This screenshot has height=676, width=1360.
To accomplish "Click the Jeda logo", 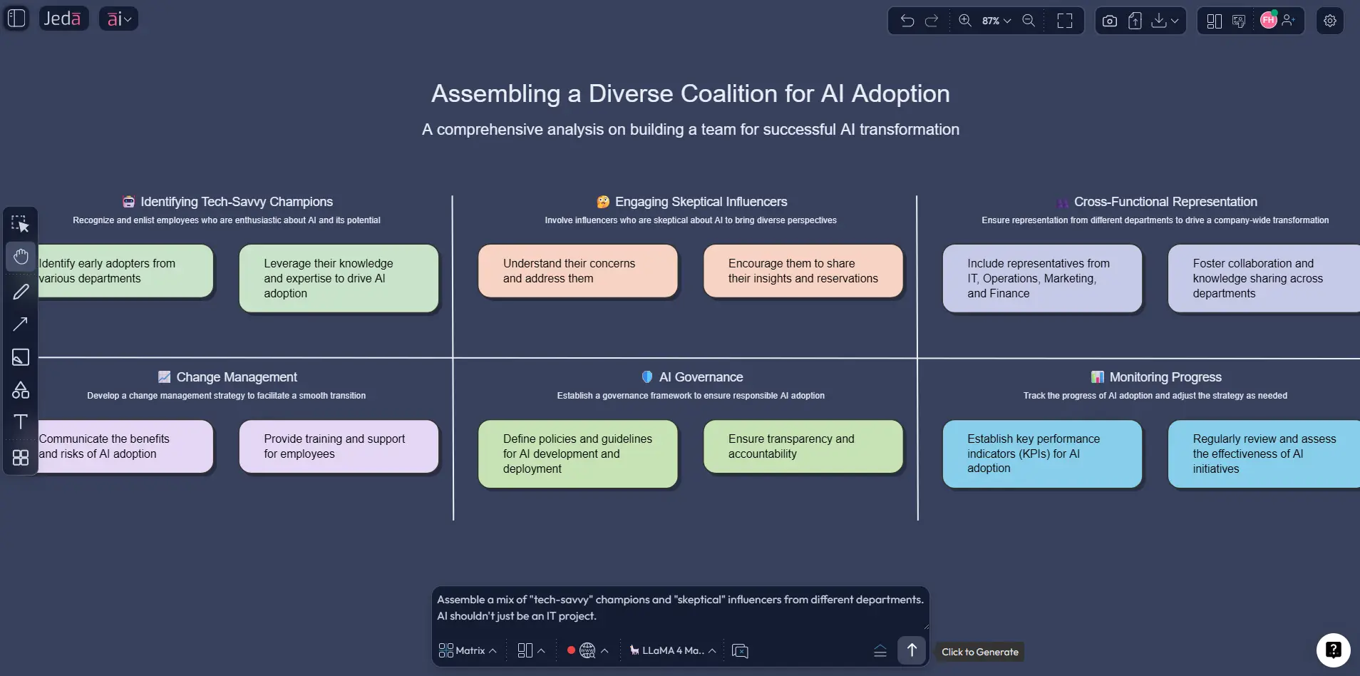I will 63,19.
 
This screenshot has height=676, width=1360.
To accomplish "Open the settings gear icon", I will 1329,21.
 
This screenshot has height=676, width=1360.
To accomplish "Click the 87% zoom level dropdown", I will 996,21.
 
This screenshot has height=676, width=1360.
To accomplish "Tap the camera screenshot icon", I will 1109,21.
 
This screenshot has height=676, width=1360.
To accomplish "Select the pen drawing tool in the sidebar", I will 21,292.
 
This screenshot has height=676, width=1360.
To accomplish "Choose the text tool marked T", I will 21,422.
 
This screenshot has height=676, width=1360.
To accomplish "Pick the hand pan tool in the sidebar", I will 21,257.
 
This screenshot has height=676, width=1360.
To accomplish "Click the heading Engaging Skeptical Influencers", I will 701,202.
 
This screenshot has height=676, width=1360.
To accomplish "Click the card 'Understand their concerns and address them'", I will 577,271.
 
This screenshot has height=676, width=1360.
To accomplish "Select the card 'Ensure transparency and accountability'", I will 803,446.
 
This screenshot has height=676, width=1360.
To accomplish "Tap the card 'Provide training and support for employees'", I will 339,446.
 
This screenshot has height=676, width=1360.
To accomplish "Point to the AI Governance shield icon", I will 646,377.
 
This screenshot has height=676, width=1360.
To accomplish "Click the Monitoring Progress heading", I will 1165,377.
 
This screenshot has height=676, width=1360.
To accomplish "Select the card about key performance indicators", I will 1041,454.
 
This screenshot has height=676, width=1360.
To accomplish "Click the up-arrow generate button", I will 911,650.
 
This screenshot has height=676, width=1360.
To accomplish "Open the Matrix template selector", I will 468,650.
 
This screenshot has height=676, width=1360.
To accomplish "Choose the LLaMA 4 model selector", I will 672,650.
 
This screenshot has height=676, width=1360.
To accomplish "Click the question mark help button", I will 1333,650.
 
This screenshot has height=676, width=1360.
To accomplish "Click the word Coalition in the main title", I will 728,93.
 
